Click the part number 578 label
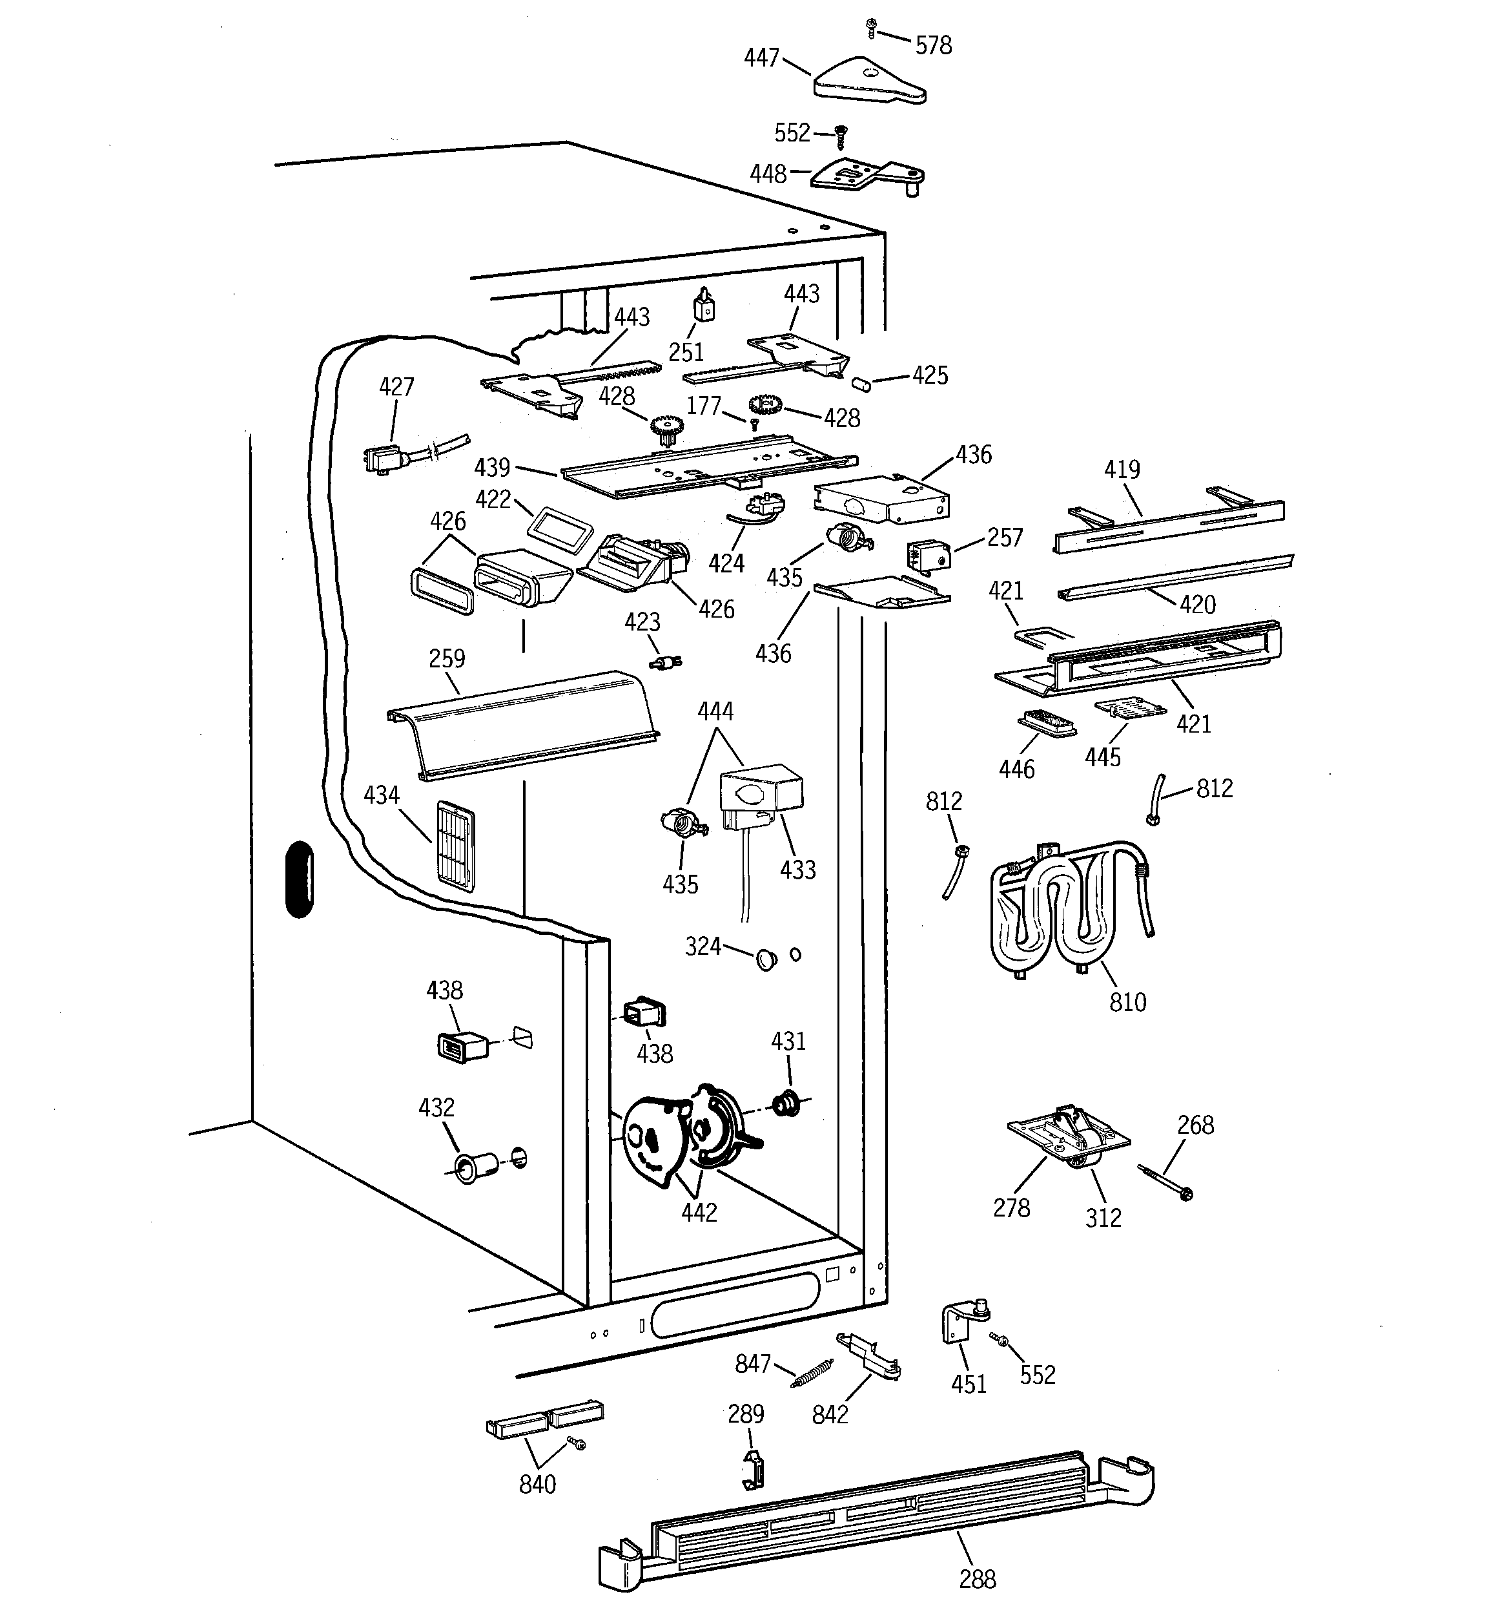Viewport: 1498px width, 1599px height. click(x=933, y=46)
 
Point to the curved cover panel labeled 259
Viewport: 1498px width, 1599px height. click(x=522, y=724)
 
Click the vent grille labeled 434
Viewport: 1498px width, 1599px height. click(x=455, y=846)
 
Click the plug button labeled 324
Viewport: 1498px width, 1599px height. click(x=767, y=958)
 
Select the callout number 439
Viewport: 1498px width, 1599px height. click(x=492, y=467)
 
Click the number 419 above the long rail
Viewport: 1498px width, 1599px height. click(x=1122, y=470)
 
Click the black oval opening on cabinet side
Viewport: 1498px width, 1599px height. click(x=299, y=879)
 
